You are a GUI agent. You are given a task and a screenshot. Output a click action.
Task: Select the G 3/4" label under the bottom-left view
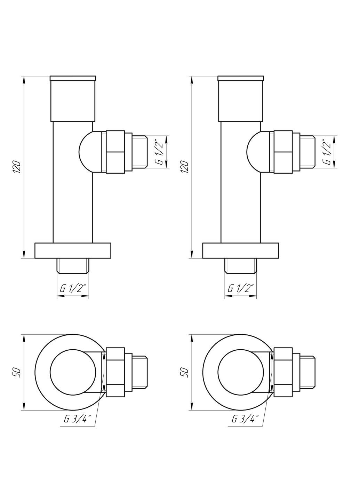pyautogui.click(x=78, y=420)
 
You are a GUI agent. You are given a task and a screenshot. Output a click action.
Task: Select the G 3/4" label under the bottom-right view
pyautogui.click(x=245, y=420)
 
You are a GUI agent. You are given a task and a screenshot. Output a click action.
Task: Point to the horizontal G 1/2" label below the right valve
pyautogui.click(x=240, y=288)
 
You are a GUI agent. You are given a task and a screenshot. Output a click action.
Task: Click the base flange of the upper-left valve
pyautogui.click(x=73, y=250)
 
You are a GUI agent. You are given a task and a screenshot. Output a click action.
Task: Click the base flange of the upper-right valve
pyautogui.click(x=241, y=250)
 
